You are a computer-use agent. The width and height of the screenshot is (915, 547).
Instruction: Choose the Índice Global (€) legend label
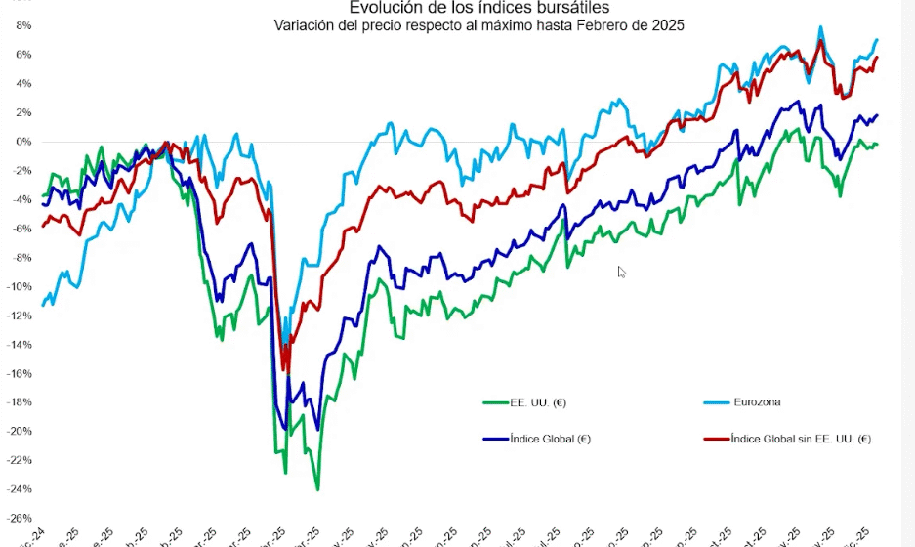point(550,439)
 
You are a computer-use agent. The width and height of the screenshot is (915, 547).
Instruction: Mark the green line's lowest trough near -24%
point(317,489)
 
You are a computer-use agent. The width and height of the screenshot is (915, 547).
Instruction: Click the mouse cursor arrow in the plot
point(621,271)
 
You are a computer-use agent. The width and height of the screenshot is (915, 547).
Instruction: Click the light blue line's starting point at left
point(43,306)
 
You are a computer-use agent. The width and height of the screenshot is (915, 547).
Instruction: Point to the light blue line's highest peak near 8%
point(820,27)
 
